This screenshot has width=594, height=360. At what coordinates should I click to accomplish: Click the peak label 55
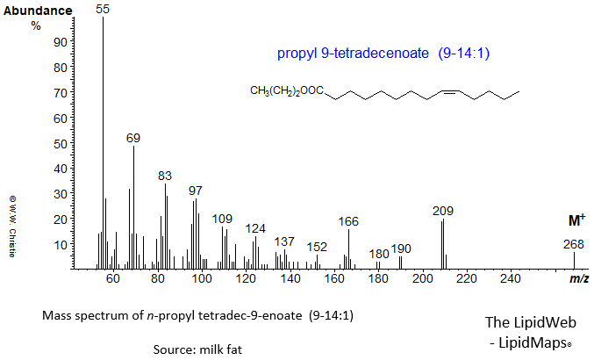pyautogui.click(x=103, y=9)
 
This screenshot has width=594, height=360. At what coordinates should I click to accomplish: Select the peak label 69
pyautogui.click(x=133, y=138)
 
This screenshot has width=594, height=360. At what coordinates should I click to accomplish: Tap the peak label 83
pyautogui.click(x=165, y=176)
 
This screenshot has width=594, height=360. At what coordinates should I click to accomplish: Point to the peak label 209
pyautogui.click(x=443, y=211)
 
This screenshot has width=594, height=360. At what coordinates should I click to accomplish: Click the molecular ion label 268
pyautogui.click(x=574, y=245)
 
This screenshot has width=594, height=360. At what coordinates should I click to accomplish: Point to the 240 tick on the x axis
pyautogui.click(x=511, y=279)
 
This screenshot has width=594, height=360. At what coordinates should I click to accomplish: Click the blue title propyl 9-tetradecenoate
pyautogui.click(x=383, y=54)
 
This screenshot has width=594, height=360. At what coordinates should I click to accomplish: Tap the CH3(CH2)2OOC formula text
pyautogui.click(x=287, y=91)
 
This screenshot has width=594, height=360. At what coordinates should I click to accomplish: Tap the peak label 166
pyautogui.click(x=348, y=221)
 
